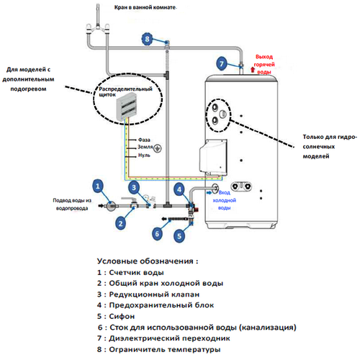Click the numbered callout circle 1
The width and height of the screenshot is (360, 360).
pyautogui.click(x=97, y=186)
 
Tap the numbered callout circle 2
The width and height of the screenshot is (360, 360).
pyautogui.click(x=120, y=224)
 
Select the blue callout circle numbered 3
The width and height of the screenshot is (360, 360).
pyautogui.click(x=134, y=187)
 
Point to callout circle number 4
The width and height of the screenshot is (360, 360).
pyautogui.click(x=179, y=189)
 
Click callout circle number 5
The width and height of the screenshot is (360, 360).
pyautogui.click(x=179, y=236)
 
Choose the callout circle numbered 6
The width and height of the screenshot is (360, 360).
pyautogui.click(x=157, y=233)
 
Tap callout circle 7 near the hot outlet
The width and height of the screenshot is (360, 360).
pyautogui.click(x=221, y=63)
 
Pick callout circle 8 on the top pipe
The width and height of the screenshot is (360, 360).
pyautogui.click(x=147, y=39)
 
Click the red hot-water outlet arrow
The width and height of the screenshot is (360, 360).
pyautogui.click(x=253, y=70)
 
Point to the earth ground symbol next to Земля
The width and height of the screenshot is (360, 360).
pyautogui.click(x=158, y=148)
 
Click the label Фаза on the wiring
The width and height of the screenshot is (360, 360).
pyautogui.click(x=144, y=140)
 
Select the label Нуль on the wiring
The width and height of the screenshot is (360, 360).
pyautogui.click(x=144, y=156)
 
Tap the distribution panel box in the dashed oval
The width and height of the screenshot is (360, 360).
pyautogui.click(x=127, y=107)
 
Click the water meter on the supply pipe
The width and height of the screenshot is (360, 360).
pyautogui.click(x=111, y=206)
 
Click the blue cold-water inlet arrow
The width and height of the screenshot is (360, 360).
pyautogui.click(x=210, y=192)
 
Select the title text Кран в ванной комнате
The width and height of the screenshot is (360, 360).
pyautogui.click(x=145, y=7)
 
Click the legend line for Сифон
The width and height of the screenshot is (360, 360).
pyautogui.click(x=116, y=316)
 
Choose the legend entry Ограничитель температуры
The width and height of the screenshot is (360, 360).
pyautogui.click(x=158, y=349)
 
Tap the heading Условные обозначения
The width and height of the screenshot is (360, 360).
pyautogui.click(x=148, y=261)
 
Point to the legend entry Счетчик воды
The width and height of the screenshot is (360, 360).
pyautogui.click(x=130, y=273)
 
